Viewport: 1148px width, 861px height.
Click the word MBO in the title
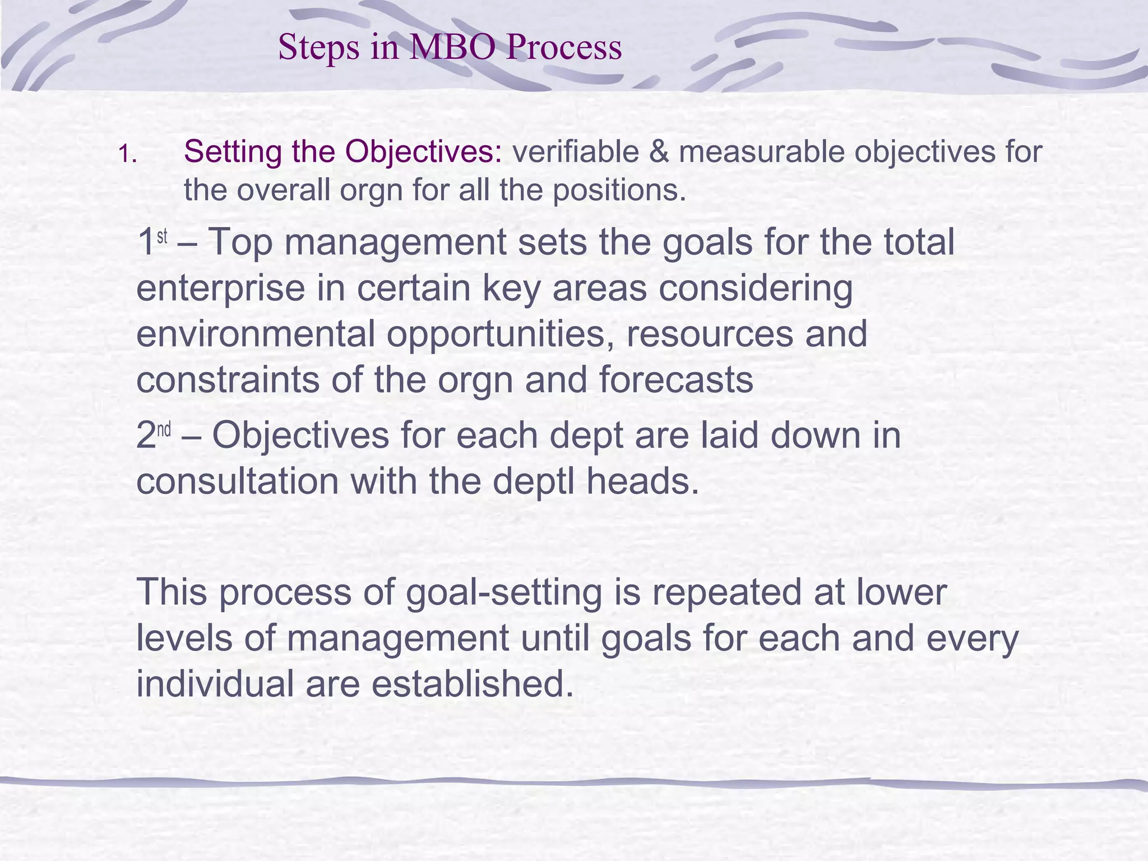(x=453, y=47)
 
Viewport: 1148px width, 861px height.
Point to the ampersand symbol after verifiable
(x=659, y=152)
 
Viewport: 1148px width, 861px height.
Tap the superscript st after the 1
(x=162, y=237)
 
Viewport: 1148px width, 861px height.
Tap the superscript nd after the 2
(x=164, y=430)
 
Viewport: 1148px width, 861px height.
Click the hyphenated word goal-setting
(x=503, y=593)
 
